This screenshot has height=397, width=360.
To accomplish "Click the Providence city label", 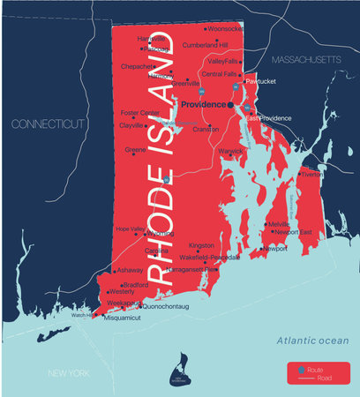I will click(202, 103).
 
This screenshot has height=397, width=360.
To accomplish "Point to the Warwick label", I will click(230, 150).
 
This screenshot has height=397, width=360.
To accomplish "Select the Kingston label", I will click(201, 245).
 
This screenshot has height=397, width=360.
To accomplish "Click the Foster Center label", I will click(140, 113).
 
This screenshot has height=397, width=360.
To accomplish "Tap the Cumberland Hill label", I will click(205, 44).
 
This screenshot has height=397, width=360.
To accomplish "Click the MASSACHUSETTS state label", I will click(304, 59).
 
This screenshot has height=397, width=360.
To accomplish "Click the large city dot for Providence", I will click(229, 104).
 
